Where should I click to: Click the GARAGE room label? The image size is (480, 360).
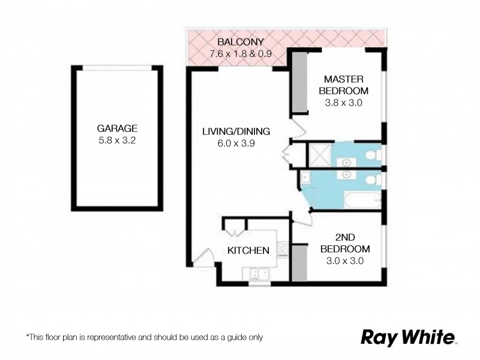coord(118,128)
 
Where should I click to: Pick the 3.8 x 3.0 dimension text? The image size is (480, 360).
coord(344,102)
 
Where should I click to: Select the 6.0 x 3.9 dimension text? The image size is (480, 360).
coord(236,143)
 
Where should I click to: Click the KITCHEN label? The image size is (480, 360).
coord(248,250)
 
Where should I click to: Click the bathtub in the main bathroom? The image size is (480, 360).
coord(358,200)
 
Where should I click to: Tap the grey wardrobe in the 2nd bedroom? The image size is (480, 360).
coord(298,262)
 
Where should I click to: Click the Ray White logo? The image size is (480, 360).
coord(408,337)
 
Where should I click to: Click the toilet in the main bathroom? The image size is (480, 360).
coord(371,179)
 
